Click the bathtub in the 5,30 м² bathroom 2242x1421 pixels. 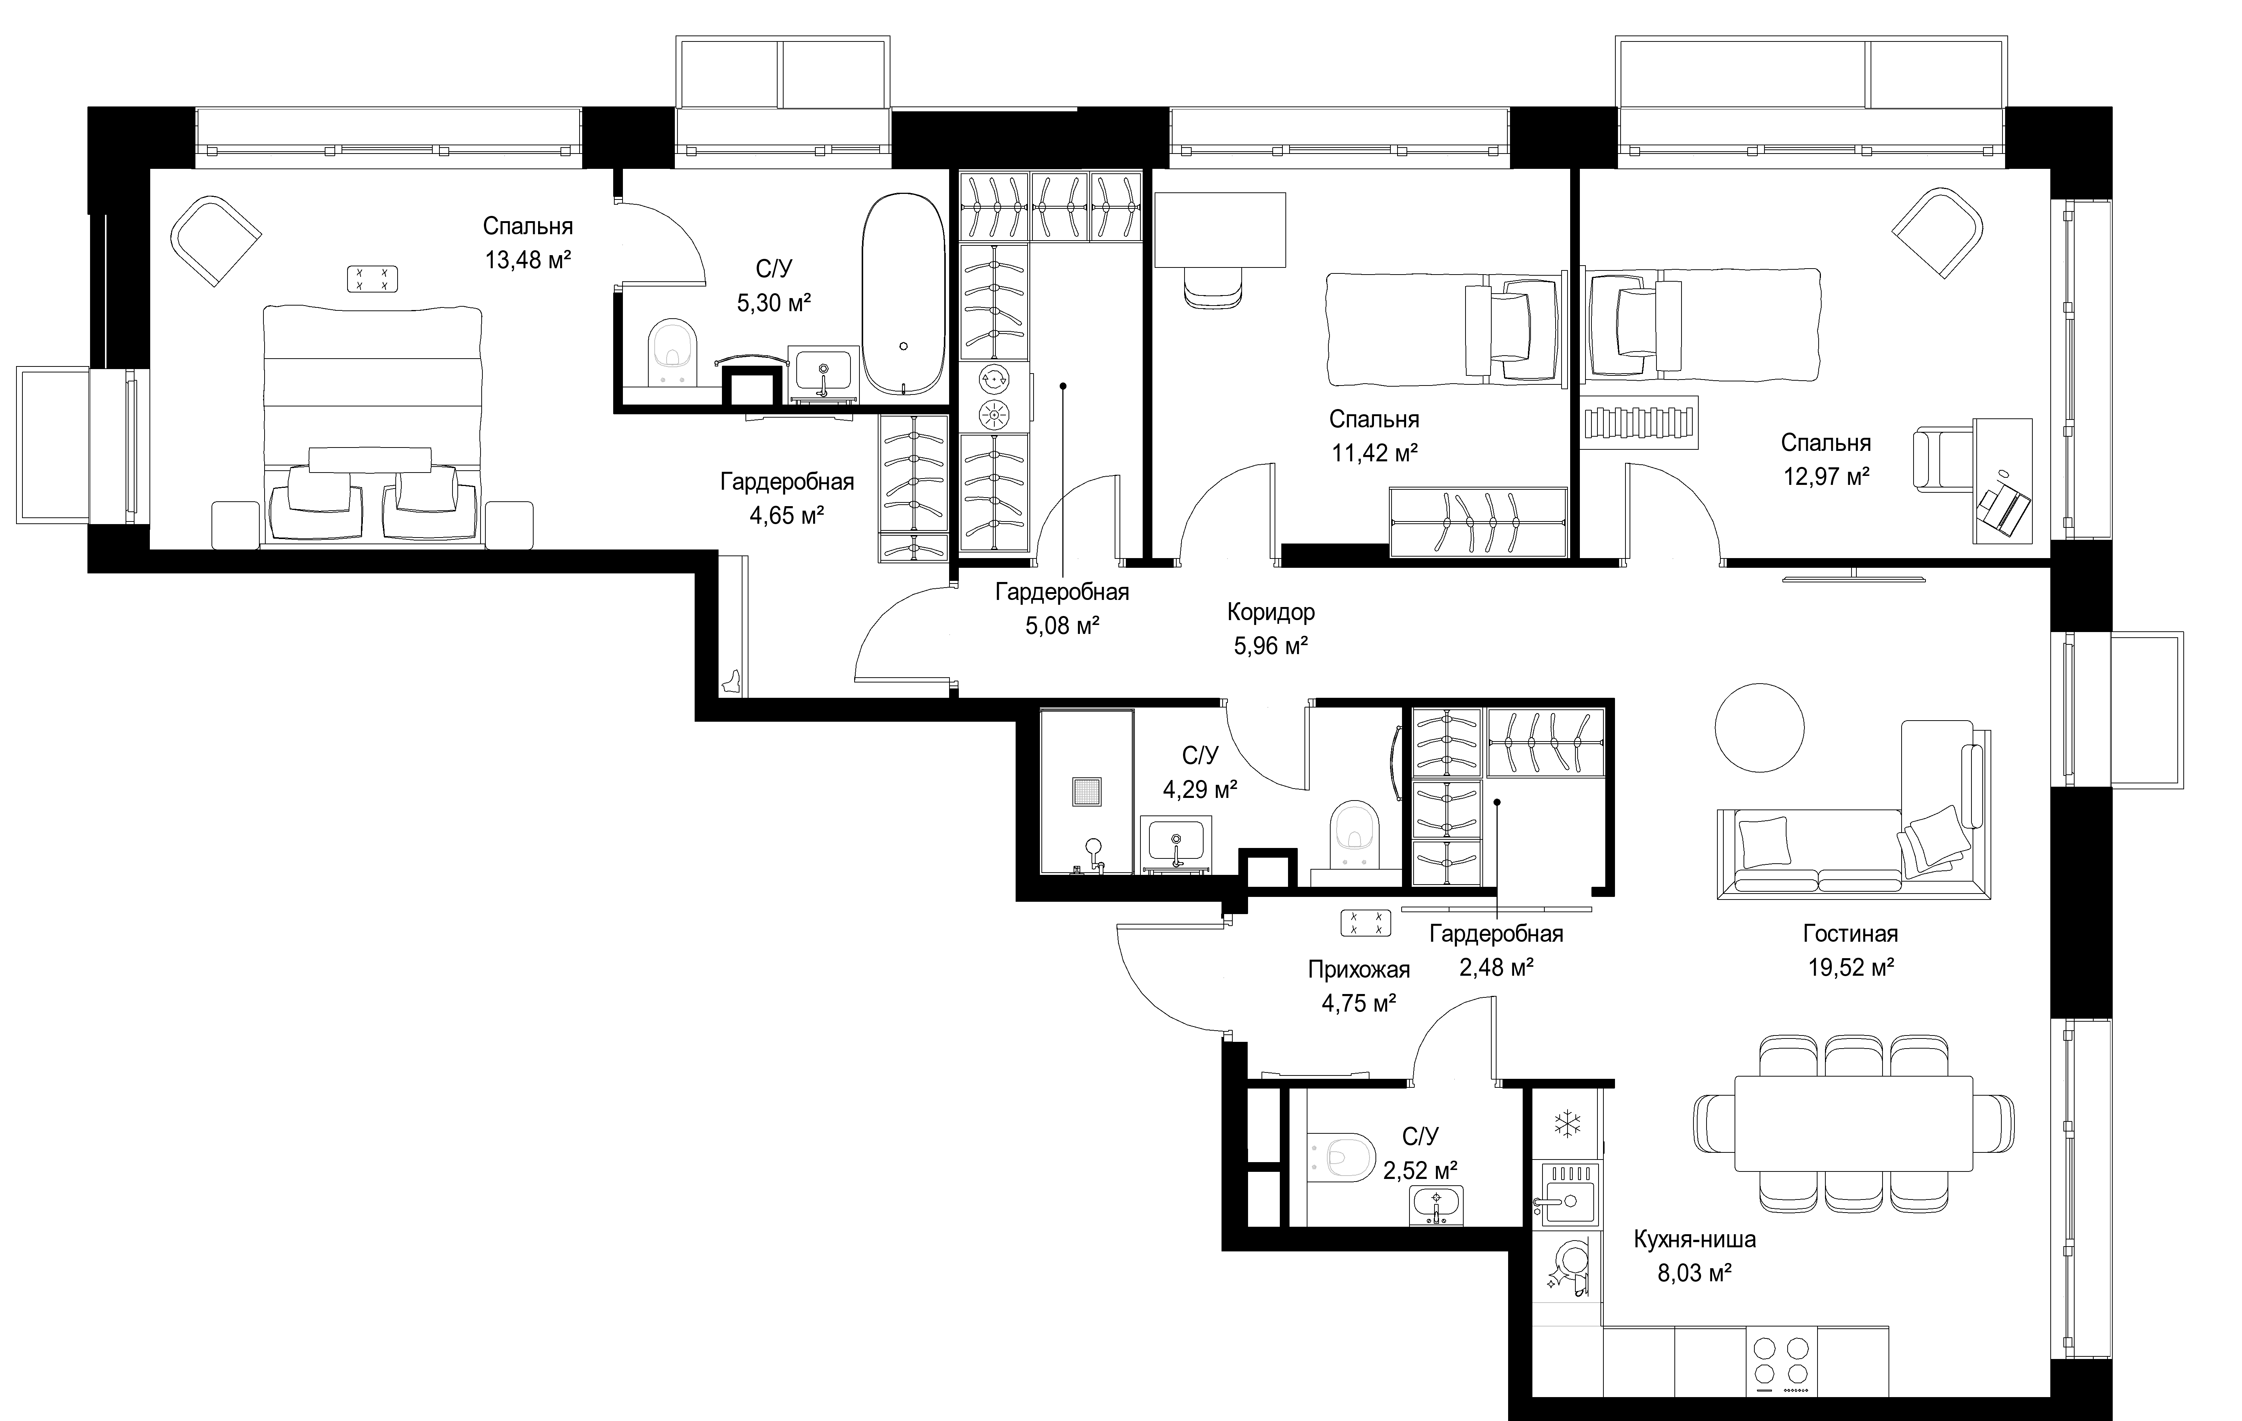(x=903, y=296)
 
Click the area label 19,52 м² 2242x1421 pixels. (x=1851, y=968)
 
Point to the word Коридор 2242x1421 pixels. (x=1271, y=612)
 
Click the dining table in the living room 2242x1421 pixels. (x=1853, y=1124)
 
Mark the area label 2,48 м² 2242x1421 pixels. (x=1496, y=968)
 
